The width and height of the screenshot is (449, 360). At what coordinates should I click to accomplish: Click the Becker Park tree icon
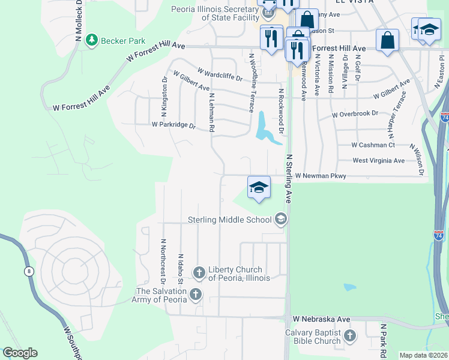92,40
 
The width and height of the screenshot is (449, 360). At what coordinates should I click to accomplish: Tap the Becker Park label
124,41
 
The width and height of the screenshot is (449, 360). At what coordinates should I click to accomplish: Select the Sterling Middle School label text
230,220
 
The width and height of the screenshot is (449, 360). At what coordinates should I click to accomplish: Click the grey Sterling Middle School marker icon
280,220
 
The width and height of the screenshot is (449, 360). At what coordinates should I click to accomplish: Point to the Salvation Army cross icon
195,295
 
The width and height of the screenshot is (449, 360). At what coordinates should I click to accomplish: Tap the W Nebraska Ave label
321,319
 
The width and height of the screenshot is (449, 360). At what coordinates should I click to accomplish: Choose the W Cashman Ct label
373,145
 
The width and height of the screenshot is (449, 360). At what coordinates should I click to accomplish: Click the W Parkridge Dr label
173,125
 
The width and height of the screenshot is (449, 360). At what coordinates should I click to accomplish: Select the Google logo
20,353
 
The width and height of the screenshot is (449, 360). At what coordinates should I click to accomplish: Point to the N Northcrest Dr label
163,262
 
